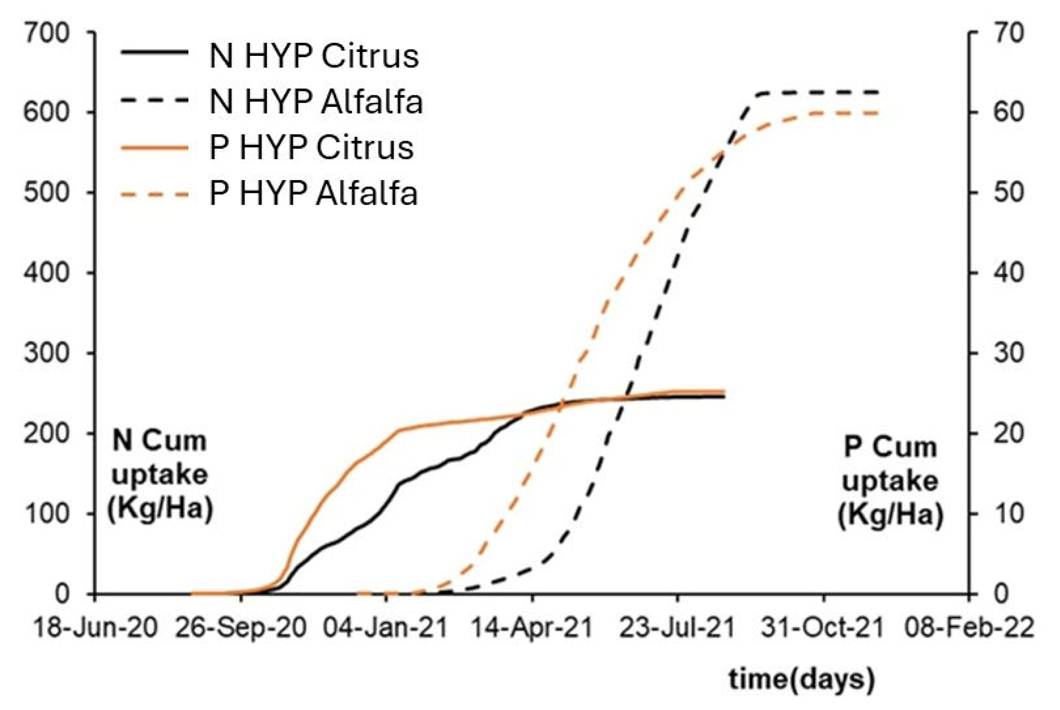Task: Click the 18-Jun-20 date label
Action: (x=95, y=628)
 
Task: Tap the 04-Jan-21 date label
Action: (x=385, y=628)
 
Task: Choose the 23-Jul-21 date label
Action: (x=676, y=628)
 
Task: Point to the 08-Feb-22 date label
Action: (x=968, y=628)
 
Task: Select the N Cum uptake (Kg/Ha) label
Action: (x=159, y=475)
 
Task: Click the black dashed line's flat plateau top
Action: (x=819, y=92)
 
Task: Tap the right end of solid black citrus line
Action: (x=724, y=397)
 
